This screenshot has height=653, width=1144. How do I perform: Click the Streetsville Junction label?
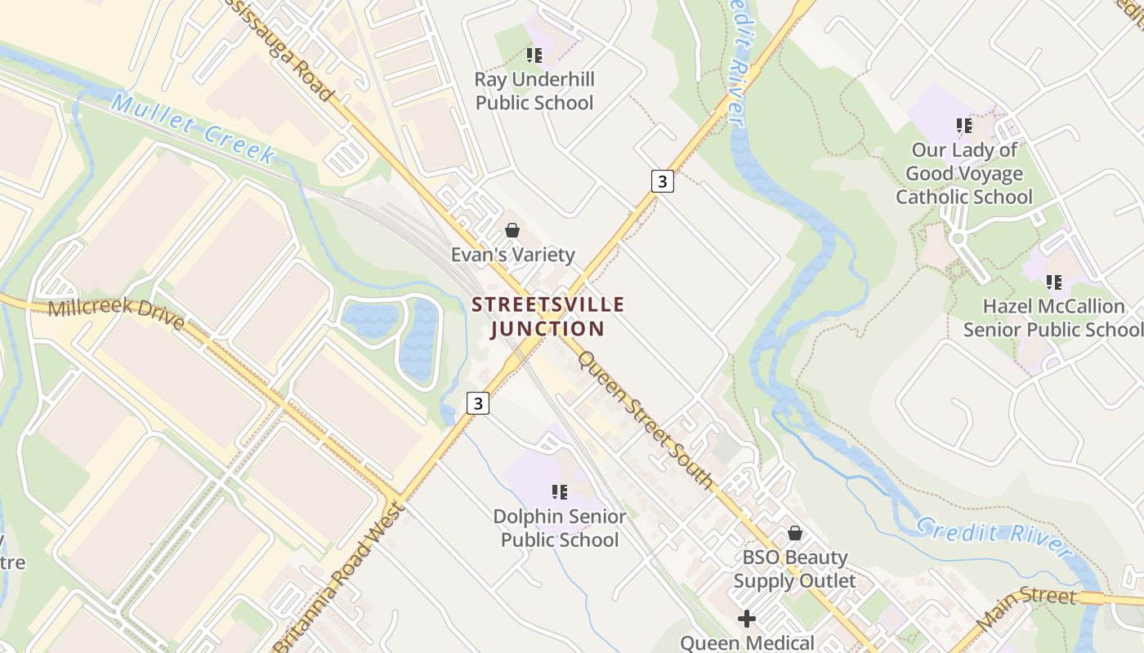(548, 317)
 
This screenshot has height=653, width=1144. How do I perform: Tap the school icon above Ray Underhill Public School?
(534, 56)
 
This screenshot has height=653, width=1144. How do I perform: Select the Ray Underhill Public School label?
(534, 91)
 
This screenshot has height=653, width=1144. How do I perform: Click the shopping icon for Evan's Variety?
(512, 231)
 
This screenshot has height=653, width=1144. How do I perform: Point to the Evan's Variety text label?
(512, 255)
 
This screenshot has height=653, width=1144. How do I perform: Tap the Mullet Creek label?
(193, 129)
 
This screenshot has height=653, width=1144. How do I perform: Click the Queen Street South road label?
(646, 420)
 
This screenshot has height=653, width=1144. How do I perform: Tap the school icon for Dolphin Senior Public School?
(560, 492)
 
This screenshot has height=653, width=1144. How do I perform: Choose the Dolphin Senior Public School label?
(560, 528)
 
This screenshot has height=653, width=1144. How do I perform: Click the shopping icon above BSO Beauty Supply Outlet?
(794, 534)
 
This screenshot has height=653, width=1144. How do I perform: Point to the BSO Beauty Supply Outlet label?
(794, 569)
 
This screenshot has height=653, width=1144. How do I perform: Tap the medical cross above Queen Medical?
(747, 619)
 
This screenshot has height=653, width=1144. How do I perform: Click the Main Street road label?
(1026, 607)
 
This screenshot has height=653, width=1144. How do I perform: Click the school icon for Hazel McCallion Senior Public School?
(1054, 282)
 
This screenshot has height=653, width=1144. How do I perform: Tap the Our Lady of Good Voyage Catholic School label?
(964, 173)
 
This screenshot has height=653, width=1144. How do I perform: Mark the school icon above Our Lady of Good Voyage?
(964, 126)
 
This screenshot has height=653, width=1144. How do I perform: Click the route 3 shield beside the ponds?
(478, 403)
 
